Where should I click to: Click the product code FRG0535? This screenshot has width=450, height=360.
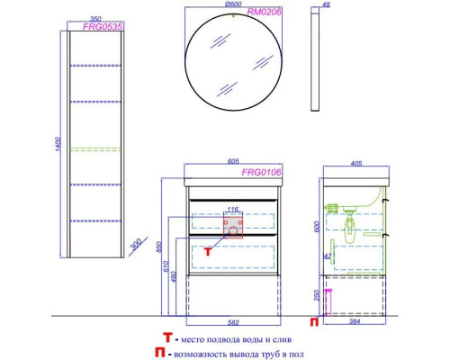103,27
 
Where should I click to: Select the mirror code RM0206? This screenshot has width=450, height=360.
264,12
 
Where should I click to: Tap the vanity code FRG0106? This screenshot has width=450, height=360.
262,172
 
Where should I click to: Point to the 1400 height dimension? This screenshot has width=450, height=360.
58,144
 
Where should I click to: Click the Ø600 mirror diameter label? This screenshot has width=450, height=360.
233,4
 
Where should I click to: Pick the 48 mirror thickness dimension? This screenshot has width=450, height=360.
326,4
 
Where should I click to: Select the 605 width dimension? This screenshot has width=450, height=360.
233,161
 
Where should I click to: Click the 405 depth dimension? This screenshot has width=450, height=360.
356,164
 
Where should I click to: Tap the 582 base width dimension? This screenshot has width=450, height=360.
233,323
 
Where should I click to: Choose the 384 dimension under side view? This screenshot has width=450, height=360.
355,321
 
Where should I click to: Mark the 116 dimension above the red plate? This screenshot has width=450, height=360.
233,210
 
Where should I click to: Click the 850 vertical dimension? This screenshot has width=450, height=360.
159,247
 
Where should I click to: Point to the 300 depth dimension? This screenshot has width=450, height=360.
136,245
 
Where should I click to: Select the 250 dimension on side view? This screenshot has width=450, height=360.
318,295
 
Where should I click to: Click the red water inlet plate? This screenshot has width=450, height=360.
233,227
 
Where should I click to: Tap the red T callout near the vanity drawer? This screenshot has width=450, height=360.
208,251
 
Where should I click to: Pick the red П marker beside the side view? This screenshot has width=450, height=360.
314,322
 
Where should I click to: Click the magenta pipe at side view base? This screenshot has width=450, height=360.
328,302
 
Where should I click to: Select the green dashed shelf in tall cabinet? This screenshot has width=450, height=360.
95,149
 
